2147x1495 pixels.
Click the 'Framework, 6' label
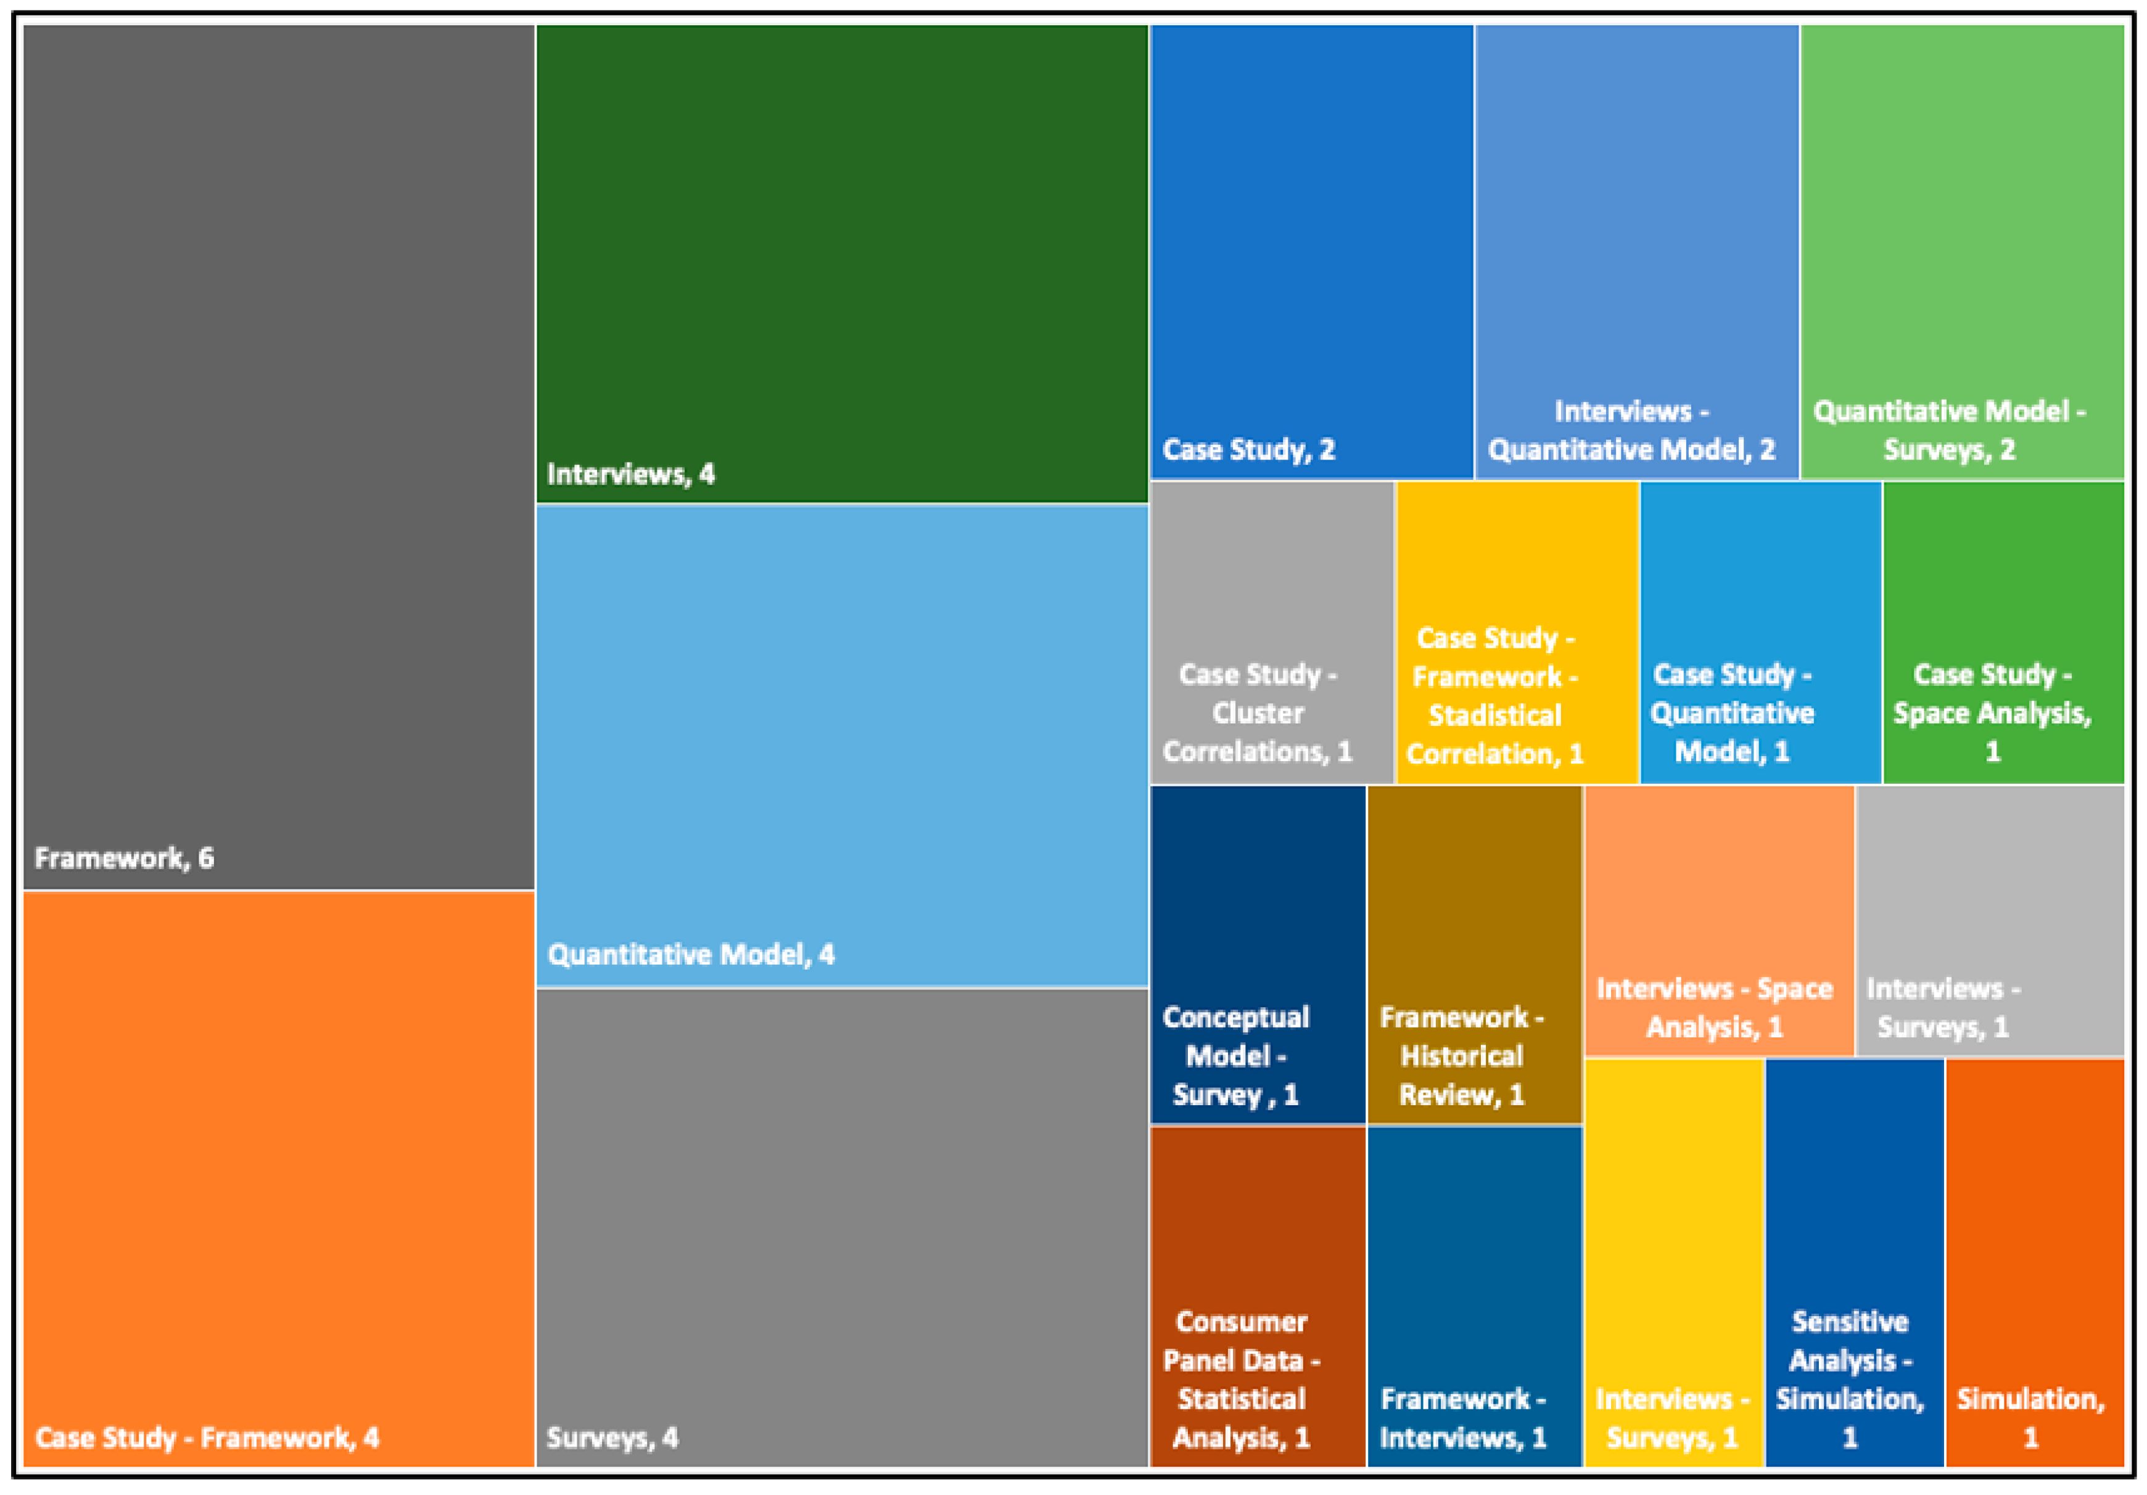coord(125,857)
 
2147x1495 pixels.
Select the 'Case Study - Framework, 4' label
coord(207,1437)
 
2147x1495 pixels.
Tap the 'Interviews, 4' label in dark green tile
coord(630,474)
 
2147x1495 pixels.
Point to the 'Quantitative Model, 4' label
coord(690,955)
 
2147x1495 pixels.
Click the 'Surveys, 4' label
coord(612,1437)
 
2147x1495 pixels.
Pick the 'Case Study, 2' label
coord(1248,450)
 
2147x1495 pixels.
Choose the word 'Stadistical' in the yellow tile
coord(1494,715)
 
